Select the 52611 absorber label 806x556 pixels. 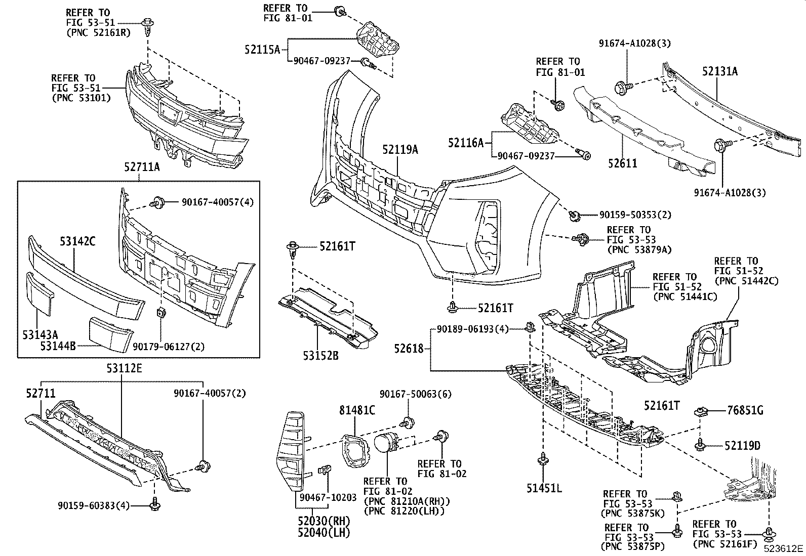pos(622,163)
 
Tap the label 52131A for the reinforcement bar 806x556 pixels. pos(719,71)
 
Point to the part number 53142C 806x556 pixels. pos(77,241)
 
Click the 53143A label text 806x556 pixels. pos(40,334)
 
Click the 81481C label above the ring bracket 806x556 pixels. pos(357,410)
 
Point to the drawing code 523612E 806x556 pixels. pos(783,548)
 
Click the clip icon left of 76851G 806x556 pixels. pos(701,411)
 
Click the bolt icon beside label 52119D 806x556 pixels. pos(701,446)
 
